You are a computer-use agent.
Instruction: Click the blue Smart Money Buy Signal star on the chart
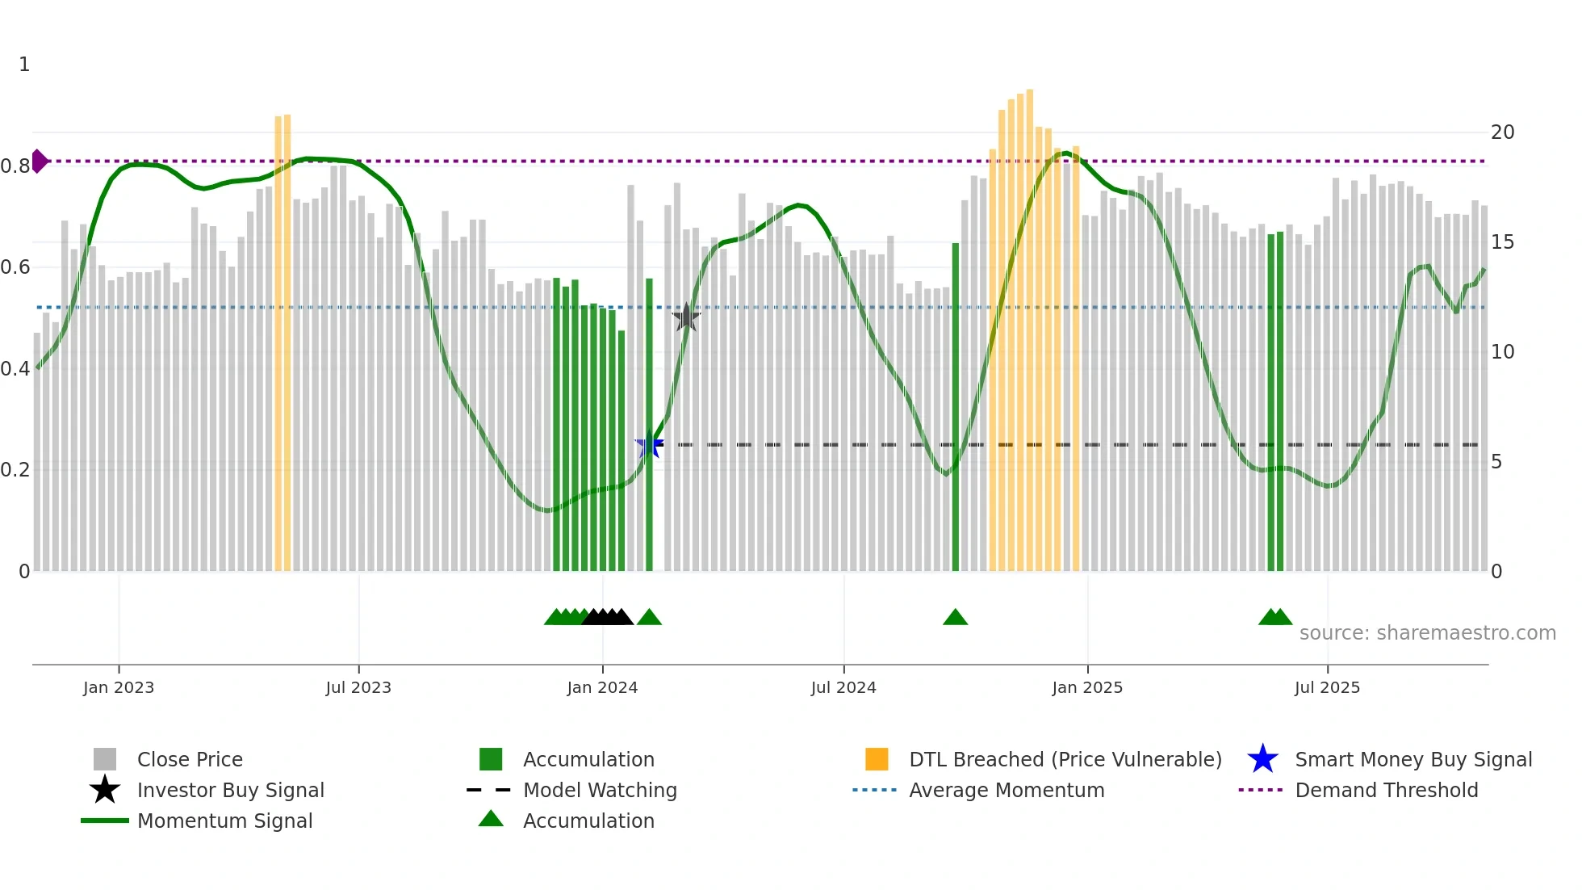[649, 444]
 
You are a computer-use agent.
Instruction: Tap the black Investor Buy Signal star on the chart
[686, 317]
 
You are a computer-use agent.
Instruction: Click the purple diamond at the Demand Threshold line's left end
[39, 161]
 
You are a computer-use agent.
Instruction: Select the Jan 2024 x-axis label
[602, 687]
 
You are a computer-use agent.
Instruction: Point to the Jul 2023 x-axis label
[358, 687]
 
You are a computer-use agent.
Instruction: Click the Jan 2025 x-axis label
[1087, 687]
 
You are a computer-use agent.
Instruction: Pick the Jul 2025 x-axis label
[1327, 687]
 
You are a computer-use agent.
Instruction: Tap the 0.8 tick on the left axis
[15, 166]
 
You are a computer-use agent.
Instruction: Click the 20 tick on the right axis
[1502, 132]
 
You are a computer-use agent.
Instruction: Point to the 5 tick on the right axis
[1496, 462]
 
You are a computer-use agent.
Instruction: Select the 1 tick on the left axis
[24, 65]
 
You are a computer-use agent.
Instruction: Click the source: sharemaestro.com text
[1427, 633]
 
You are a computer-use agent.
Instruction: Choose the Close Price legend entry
[190, 759]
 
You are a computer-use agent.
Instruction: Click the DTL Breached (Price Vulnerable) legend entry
[1065, 759]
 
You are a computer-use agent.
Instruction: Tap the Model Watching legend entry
[600, 790]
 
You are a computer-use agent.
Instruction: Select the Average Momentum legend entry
[1007, 790]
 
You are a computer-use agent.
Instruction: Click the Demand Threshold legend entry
[1386, 790]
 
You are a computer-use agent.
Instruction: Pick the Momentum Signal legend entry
[224, 821]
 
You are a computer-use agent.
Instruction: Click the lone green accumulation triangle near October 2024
[955, 618]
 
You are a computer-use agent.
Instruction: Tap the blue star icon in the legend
[1262, 759]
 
